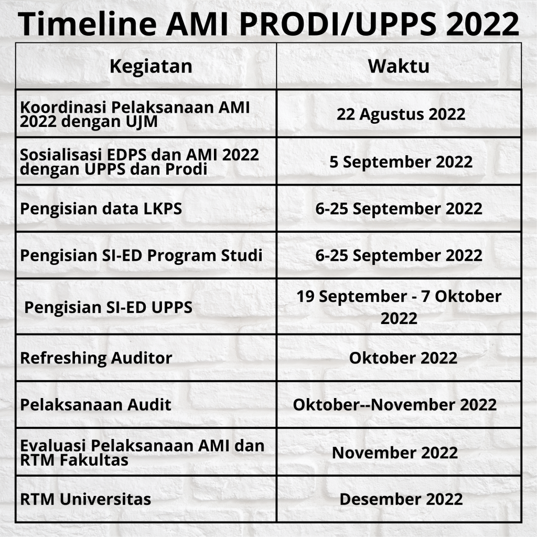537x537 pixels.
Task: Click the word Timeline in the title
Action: (x=88, y=24)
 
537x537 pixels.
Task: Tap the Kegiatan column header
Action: (x=151, y=67)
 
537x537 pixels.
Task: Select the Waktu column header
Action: (x=399, y=66)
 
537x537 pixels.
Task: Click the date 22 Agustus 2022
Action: (x=401, y=114)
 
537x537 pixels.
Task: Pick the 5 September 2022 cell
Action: (x=401, y=162)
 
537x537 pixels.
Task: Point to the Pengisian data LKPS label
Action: (x=101, y=209)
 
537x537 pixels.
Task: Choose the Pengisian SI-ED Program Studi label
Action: (x=141, y=256)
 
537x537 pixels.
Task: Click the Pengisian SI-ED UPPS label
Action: (x=108, y=307)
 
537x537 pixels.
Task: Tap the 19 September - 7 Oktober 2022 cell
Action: (x=399, y=307)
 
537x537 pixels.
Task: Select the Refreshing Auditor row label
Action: (x=96, y=358)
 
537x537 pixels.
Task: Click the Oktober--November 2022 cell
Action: (x=394, y=405)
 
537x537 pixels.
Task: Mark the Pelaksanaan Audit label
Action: (x=95, y=405)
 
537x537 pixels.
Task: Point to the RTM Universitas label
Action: (x=85, y=499)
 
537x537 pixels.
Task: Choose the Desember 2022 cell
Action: (x=401, y=499)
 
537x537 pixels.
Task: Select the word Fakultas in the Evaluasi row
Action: (x=94, y=460)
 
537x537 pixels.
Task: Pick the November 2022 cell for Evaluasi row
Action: (x=395, y=453)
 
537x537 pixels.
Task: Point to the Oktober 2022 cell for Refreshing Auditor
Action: (x=403, y=358)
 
